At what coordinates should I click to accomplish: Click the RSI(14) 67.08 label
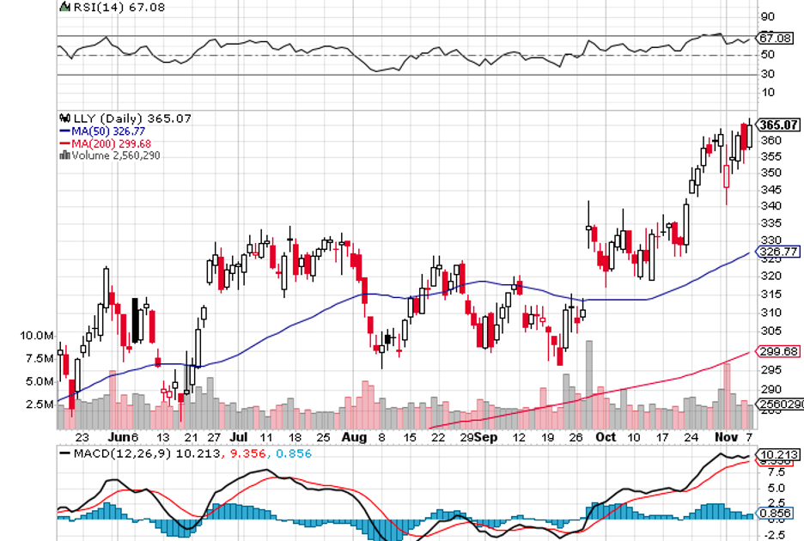click(x=97, y=7)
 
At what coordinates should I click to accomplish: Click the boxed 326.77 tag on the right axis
click(x=777, y=252)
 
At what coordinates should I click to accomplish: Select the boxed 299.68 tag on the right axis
click(x=777, y=351)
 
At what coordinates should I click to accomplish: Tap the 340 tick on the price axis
click(x=770, y=206)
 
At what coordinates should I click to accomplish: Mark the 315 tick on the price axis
click(x=770, y=295)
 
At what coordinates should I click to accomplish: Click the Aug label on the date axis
click(x=353, y=437)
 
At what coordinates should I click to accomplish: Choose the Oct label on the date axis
click(x=606, y=437)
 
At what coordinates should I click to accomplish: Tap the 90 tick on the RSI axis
click(x=767, y=16)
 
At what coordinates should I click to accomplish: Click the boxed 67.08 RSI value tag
click(x=776, y=38)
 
